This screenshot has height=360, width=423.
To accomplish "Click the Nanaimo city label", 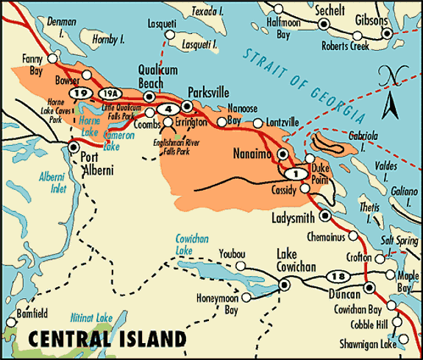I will point(252,155).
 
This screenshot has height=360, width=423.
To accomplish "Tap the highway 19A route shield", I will point(110,93).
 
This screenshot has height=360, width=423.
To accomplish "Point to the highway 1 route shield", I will point(294,174).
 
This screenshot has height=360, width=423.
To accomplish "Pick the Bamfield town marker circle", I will point(10,322).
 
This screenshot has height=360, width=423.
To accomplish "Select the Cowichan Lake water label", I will point(195,244).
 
